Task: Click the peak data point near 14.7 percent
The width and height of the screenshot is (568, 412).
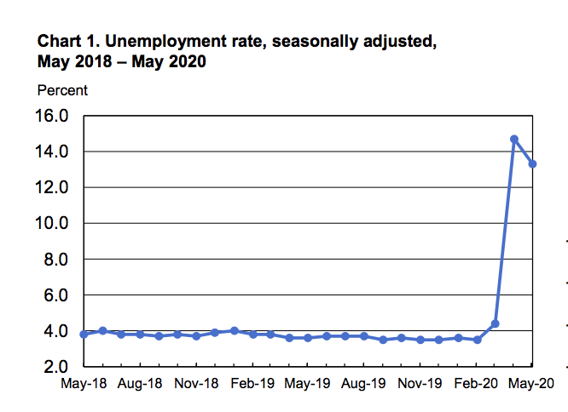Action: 514,139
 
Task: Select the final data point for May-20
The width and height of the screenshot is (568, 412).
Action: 532,163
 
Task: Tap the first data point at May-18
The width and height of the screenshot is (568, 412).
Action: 84,334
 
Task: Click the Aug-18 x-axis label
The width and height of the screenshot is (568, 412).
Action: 140,385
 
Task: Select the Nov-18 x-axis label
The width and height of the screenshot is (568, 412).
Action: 196,385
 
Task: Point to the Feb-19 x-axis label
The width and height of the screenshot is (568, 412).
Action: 252,385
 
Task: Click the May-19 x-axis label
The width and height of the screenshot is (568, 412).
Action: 309,385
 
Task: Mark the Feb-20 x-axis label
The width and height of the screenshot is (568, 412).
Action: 476,385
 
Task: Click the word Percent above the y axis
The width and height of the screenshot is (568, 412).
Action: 62,90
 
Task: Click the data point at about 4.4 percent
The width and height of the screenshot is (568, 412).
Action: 495,323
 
